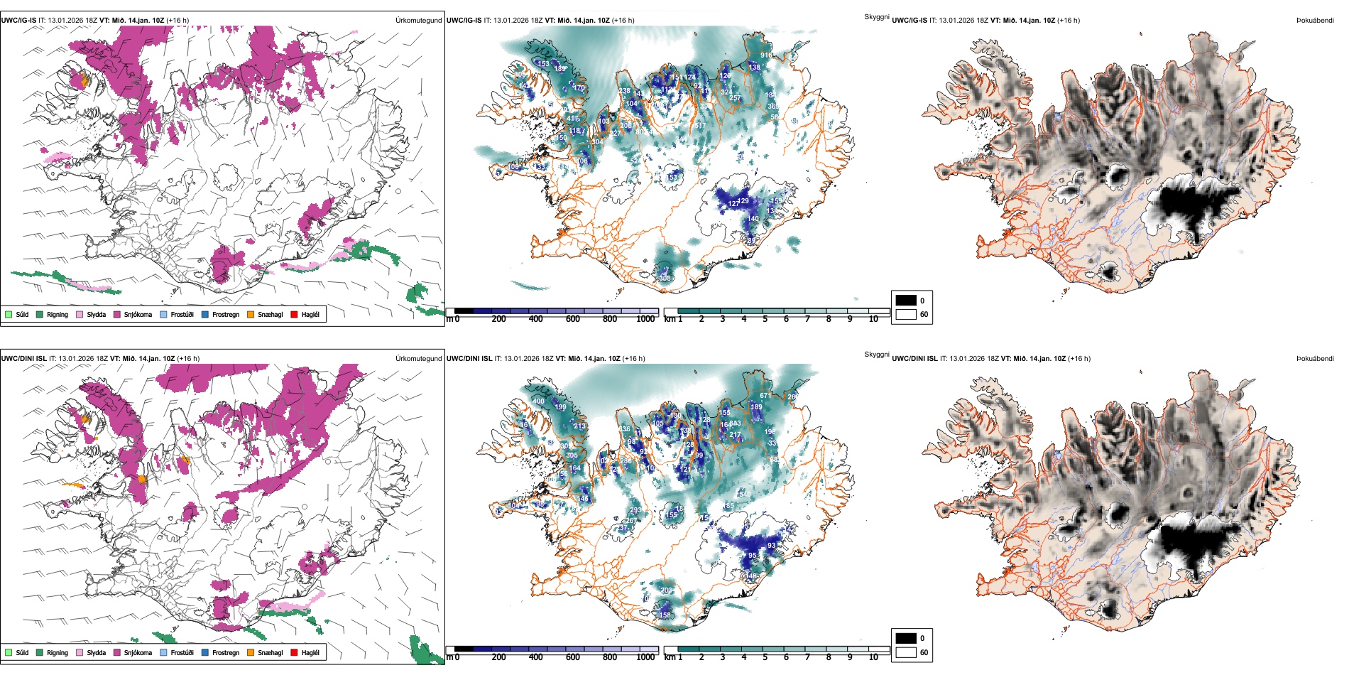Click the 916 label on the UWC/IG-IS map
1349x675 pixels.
[x=766, y=55]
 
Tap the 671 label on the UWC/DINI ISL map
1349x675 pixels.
[x=765, y=396]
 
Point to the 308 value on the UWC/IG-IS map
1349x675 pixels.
[x=665, y=279]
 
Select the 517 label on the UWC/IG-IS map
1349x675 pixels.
[x=701, y=126]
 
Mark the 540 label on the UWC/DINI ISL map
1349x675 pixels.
[x=745, y=494]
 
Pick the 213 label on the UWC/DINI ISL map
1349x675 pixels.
[x=579, y=427]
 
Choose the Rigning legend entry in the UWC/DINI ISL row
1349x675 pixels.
[x=58, y=653]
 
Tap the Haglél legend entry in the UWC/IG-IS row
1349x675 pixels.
[x=310, y=315]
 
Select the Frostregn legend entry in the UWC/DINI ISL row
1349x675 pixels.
[x=226, y=653]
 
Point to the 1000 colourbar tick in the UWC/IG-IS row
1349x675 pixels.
[x=645, y=320]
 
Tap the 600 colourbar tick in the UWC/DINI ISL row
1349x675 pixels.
[x=573, y=658]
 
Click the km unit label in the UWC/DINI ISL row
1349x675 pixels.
[x=670, y=658]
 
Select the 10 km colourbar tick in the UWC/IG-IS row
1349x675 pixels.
[x=873, y=320]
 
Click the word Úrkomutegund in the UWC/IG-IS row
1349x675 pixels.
[x=418, y=21]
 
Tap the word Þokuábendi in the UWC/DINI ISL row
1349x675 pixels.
[x=1315, y=359]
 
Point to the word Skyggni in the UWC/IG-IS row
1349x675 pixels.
[x=876, y=17]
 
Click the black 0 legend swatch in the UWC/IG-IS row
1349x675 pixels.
[x=906, y=301]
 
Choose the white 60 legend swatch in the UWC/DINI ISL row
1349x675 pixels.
[x=906, y=652]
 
